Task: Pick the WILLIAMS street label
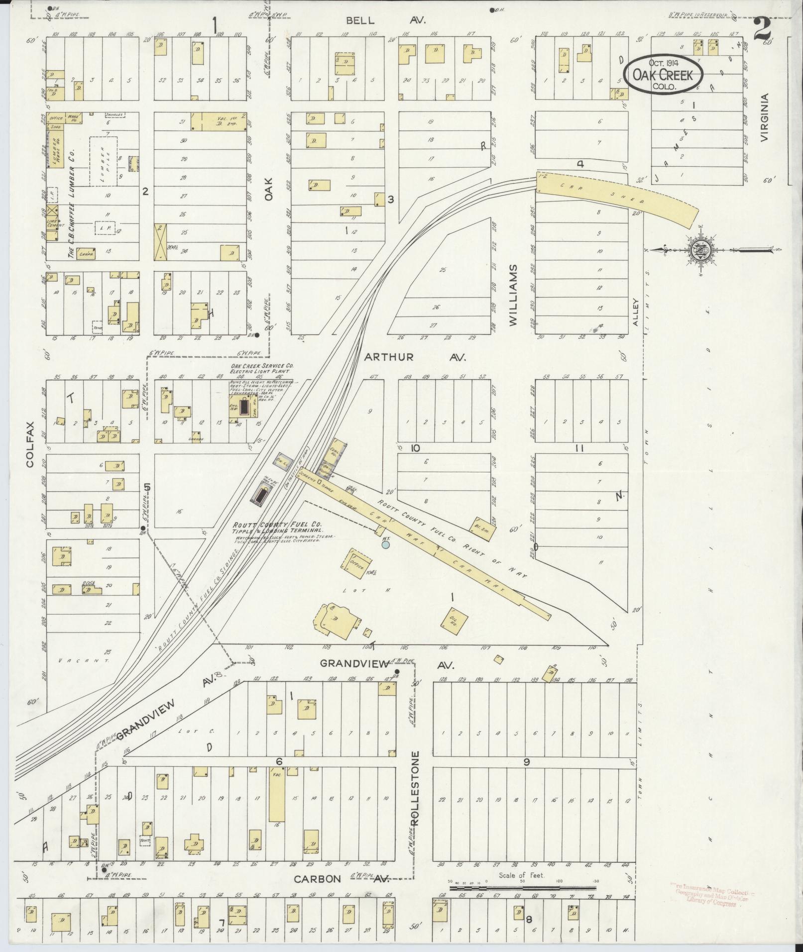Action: click(x=514, y=295)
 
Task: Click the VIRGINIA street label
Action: click(x=765, y=118)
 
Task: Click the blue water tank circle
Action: click(x=385, y=545)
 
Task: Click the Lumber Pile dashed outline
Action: click(x=104, y=161)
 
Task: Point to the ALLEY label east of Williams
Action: click(x=635, y=312)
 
